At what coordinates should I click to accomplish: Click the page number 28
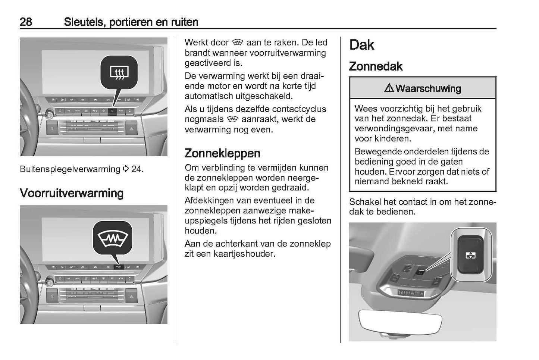pos(26,22)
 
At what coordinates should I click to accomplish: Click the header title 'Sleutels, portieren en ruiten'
pos(131,22)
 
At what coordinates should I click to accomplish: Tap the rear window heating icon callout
pos(119,72)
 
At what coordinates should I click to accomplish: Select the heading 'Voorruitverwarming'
pos(72,193)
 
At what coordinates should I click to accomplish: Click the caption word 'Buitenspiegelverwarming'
pos(70,169)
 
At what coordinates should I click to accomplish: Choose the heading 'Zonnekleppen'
pos(222,153)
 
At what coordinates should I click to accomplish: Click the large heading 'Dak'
pos(361,45)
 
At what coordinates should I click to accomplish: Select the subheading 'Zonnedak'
pos(376,66)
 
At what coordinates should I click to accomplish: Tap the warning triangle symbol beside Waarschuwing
pos(389,88)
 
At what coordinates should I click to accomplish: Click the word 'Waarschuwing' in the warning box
pos(428,88)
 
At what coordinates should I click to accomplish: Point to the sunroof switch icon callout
pos(470,255)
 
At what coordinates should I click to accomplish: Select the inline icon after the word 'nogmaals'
pos(232,119)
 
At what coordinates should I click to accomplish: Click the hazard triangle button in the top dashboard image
pos(131,129)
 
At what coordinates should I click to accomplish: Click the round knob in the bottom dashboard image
pos(49,280)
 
